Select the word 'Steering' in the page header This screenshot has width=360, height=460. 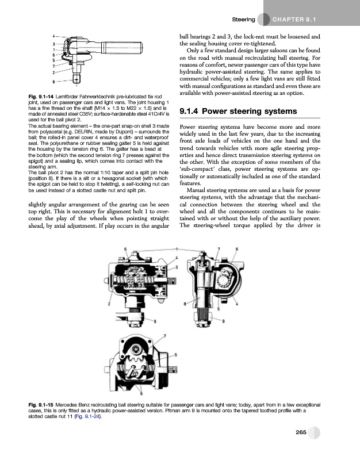243,20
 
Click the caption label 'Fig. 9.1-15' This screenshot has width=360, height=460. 42,406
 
